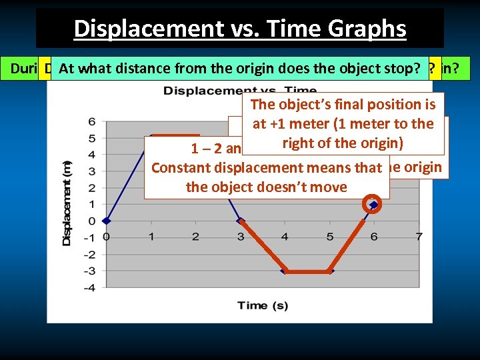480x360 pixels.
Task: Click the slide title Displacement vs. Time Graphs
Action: pyautogui.click(x=240, y=29)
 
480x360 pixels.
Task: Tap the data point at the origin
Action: pyautogui.click(x=107, y=221)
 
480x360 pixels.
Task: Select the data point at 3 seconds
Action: pyautogui.click(x=241, y=221)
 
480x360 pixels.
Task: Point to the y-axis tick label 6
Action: pyautogui.click(x=91, y=121)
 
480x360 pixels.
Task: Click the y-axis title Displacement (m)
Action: pyautogui.click(x=67, y=203)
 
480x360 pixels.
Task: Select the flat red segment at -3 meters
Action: pyautogui.click(x=308, y=271)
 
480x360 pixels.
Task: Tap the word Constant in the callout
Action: pyautogui.click(x=182, y=168)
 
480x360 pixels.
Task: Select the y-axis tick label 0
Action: pyautogui.click(x=91, y=221)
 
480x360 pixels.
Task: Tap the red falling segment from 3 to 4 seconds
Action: pyautogui.click(x=263, y=245)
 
